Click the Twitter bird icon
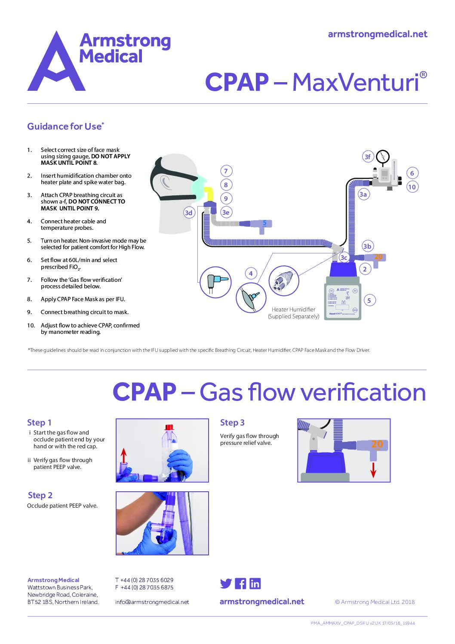coord(226,583)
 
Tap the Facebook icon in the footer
coord(240,583)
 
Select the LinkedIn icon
coord(255,583)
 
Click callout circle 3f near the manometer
coord(367,157)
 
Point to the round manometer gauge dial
coord(382,157)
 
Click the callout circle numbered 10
coord(412,187)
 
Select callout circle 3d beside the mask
coord(188,213)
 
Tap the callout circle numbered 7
coord(226,171)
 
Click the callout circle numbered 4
coord(251,273)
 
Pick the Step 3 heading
coord(232,423)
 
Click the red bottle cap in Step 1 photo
coord(169,427)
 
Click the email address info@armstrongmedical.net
coord(152,602)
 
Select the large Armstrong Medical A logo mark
coord(56,62)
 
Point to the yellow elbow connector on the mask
coord(209,193)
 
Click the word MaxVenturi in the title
coord(355,82)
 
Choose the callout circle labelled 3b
coord(367,246)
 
